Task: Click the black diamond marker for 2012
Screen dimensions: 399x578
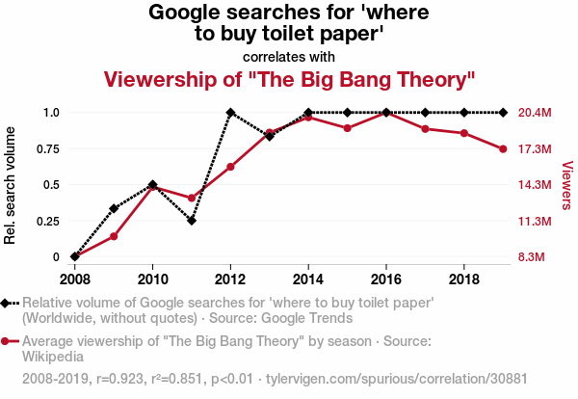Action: (230, 113)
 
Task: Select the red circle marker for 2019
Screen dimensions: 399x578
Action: (503, 148)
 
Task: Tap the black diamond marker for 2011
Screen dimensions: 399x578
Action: (192, 221)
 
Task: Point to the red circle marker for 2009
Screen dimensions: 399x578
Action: (114, 236)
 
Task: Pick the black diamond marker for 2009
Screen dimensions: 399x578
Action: (114, 208)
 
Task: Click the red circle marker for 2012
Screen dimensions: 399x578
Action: (230, 167)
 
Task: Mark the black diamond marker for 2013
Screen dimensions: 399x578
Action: (270, 136)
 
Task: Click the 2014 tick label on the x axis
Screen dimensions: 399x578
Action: (308, 279)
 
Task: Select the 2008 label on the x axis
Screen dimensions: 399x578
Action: (75, 279)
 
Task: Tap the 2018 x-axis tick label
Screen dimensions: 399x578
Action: (464, 279)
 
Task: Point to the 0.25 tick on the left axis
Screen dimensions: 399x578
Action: (44, 221)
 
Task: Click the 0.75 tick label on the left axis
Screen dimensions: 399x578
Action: (44, 148)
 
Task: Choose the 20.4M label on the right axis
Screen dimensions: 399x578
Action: (535, 113)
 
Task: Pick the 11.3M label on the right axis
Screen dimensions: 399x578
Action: (535, 221)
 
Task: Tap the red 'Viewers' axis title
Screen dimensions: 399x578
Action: (566, 185)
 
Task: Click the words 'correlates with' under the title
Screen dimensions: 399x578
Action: (289, 56)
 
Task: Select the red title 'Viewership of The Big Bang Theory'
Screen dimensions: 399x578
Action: (289, 78)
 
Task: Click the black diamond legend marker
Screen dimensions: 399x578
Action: (7, 303)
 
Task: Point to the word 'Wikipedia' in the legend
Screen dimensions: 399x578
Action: (53, 356)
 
